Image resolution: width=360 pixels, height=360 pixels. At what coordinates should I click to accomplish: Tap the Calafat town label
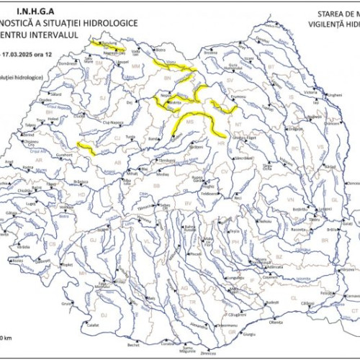92,325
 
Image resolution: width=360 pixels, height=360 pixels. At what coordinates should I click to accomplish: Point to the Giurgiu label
249,335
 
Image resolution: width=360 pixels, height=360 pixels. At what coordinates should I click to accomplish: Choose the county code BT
271,66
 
